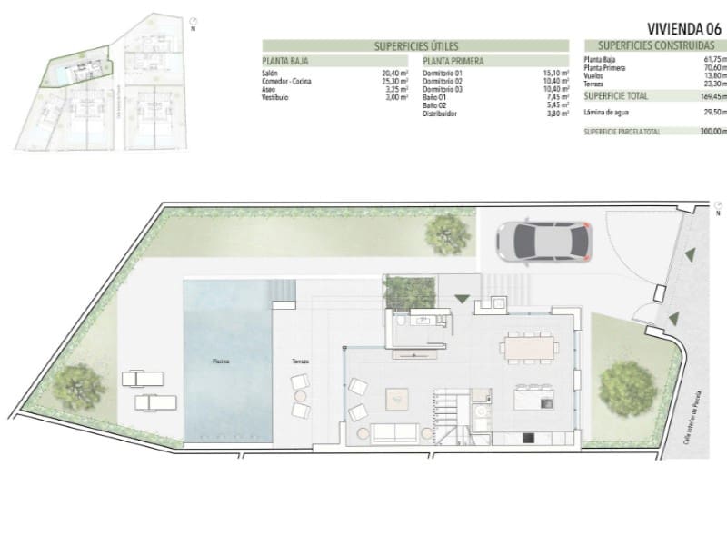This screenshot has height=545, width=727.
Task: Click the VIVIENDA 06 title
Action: (684, 27)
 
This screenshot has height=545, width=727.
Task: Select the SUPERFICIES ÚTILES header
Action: (416, 45)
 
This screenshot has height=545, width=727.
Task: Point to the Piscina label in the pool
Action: (221, 362)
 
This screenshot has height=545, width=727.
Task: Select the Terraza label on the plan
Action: (300, 362)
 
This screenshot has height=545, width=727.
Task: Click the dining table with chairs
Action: (529, 346)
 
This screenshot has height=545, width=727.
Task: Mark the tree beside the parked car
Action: (448, 234)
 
